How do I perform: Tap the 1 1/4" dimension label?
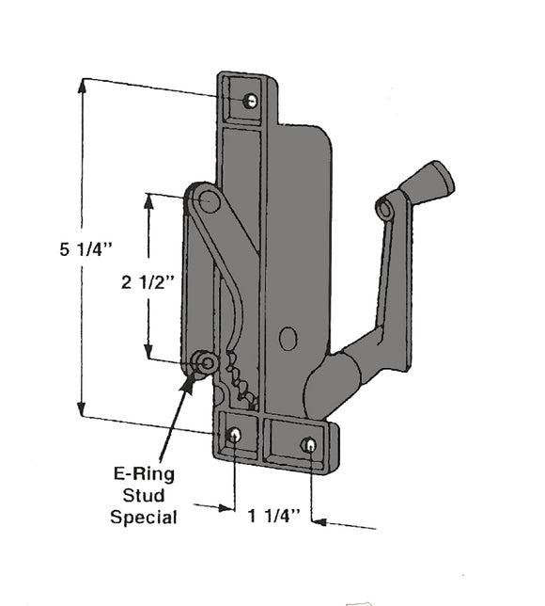(x=273, y=515)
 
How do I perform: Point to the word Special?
(x=143, y=517)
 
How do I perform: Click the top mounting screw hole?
(x=250, y=101)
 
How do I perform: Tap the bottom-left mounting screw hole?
(x=235, y=435)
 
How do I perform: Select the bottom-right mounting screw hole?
(x=308, y=444)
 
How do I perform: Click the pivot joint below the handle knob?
(x=385, y=209)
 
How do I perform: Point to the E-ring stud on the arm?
(x=204, y=361)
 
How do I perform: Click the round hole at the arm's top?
(x=210, y=200)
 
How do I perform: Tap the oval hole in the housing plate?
(x=288, y=339)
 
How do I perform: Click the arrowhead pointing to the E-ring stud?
(x=191, y=378)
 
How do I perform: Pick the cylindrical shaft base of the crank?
(x=330, y=380)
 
